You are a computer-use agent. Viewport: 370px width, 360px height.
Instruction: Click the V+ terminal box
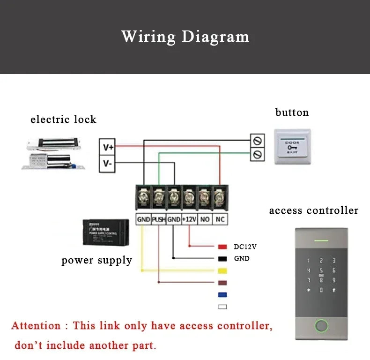point(108,147)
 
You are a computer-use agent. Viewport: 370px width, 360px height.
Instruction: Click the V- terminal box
point(108,163)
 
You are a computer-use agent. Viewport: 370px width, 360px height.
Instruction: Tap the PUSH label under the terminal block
point(158,219)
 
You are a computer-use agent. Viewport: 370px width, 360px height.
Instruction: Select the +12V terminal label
point(189,219)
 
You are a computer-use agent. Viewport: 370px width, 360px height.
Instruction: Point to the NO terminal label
point(204,219)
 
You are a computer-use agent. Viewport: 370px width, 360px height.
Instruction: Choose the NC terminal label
point(220,219)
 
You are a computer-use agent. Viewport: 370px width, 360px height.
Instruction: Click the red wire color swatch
point(222,247)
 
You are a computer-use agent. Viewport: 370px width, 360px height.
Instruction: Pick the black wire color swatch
point(222,258)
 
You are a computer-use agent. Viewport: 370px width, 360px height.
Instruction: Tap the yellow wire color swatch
point(222,270)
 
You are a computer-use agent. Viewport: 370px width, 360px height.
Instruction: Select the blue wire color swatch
point(222,295)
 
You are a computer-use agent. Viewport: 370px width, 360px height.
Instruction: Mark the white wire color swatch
point(222,307)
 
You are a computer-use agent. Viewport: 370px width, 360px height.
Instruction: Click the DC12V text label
point(245,247)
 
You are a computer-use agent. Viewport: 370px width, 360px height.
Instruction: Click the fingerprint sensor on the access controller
point(321,325)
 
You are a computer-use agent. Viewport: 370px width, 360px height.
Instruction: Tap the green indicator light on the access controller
point(321,241)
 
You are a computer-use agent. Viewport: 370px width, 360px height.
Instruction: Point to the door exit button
point(292,146)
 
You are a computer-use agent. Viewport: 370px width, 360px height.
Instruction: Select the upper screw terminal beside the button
point(257,140)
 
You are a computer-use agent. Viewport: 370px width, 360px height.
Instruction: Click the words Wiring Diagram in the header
point(185,36)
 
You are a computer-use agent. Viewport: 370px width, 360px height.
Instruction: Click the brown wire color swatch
point(222,283)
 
